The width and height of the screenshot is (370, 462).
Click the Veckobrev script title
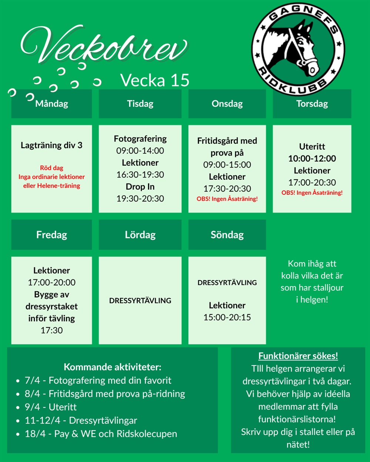(x=104, y=46)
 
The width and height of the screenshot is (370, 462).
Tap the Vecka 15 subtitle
(x=155, y=80)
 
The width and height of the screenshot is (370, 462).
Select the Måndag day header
(x=51, y=103)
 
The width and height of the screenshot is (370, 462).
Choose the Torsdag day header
(x=312, y=103)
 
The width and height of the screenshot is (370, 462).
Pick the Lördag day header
(x=140, y=235)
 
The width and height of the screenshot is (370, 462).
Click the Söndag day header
(x=227, y=235)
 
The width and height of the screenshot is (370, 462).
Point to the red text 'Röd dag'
(x=51, y=168)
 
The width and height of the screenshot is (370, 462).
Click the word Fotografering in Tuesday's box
(x=140, y=139)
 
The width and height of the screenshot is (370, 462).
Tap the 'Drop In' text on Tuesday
(x=140, y=187)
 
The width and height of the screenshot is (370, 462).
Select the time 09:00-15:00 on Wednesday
(x=227, y=164)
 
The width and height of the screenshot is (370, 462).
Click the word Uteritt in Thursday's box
(x=312, y=146)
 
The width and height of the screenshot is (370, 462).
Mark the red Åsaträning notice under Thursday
(x=312, y=193)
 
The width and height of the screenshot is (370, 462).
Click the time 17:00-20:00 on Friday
(x=51, y=282)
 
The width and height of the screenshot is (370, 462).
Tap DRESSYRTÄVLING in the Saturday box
(x=140, y=300)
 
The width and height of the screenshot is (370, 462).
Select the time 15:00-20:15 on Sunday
(x=227, y=317)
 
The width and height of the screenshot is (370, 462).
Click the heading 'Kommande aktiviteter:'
(x=112, y=367)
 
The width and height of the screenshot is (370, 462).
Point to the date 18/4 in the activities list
(x=32, y=434)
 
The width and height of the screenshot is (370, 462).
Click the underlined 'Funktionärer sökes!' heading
(x=298, y=356)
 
